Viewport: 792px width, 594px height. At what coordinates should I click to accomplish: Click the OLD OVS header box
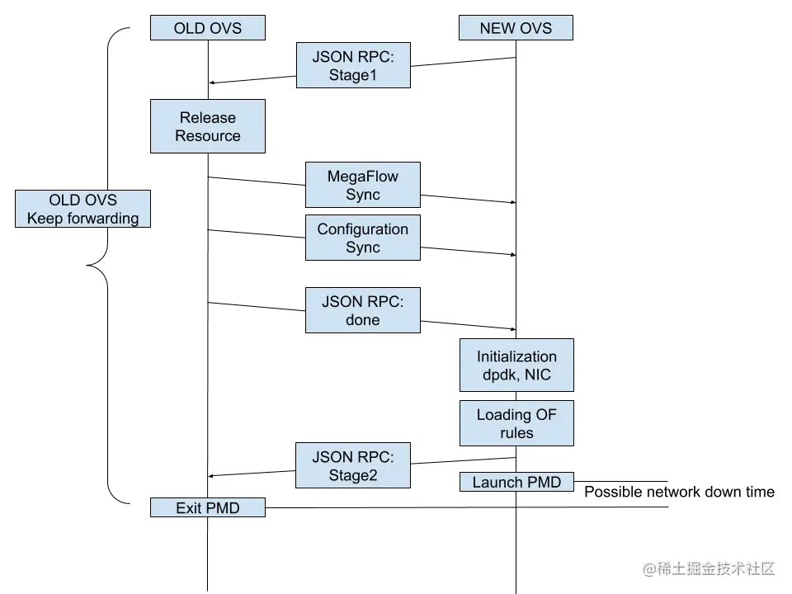208,28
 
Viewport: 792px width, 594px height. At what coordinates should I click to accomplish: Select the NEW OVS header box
515,28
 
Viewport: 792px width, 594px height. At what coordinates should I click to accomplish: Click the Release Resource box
208,127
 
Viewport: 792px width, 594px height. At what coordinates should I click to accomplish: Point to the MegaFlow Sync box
363,186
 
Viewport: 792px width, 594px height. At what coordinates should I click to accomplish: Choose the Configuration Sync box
363,238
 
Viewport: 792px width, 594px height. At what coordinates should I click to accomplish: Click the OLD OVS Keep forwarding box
82,209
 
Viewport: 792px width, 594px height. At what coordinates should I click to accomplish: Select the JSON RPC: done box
363,310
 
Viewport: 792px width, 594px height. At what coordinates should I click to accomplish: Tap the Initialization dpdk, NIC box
516,365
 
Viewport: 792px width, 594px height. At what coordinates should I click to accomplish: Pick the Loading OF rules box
516,424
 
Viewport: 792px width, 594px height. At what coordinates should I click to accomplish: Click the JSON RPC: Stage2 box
353,466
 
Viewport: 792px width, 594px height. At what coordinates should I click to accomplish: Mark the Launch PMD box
516,482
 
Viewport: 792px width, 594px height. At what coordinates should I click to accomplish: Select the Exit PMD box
208,508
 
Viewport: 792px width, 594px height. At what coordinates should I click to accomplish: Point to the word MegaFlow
363,177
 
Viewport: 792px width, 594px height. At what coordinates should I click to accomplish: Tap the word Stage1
353,76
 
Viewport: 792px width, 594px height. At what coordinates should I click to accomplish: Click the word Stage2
353,476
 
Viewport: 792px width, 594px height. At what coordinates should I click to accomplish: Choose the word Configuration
363,229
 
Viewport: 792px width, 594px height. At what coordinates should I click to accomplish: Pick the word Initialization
516,356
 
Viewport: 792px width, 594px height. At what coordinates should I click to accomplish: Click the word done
363,320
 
